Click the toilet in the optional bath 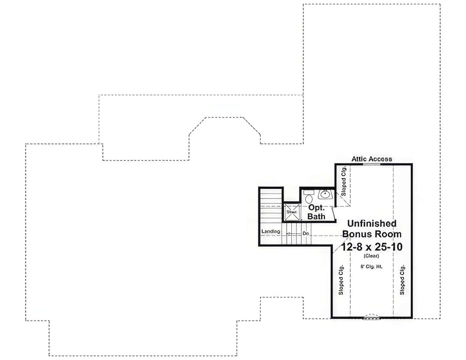[x=309, y=197]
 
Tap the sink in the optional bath [x=325, y=195]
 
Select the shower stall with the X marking [x=292, y=212]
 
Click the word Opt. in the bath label [x=316, y=208]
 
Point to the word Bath [x=316, y=216]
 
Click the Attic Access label [x=372, y=159]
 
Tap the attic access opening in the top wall [x=372, y=164]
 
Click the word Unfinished [x=372, y=223]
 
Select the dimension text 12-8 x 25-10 [x=372, y=247]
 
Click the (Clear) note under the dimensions [x=371, y=256]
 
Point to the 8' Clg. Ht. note [x=371, y=267]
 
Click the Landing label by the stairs [x=271, y=232]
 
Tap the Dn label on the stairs [x=306, y=233]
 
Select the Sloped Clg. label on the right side [x=402, y=280]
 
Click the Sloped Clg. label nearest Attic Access [x=344, y=181]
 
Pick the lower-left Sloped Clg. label [x=341, y=280]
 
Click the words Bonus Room [x=372, y=234]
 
